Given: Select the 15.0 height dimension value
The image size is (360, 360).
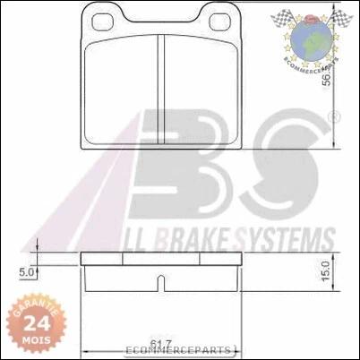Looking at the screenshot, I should click(328, 267).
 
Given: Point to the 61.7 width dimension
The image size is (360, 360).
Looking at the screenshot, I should click(161, 344).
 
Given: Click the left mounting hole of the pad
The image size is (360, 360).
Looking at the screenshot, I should click(99, 20).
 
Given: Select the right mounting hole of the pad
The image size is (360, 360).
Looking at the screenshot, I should click(216, 20).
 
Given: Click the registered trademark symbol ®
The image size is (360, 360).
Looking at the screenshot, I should click(335, 117).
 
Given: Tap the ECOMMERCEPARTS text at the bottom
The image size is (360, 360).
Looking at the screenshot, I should click(179, 351).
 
